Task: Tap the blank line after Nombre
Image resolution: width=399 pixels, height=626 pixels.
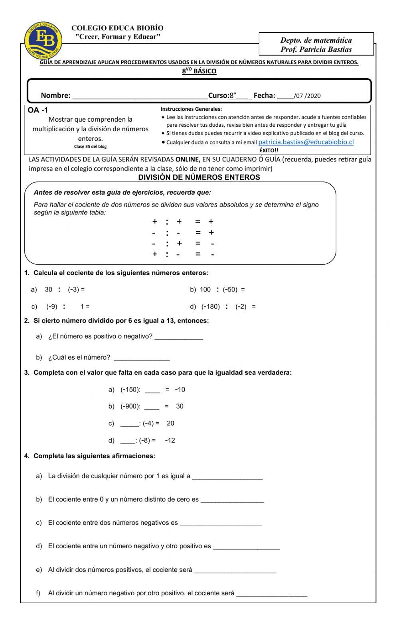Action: [140, 96]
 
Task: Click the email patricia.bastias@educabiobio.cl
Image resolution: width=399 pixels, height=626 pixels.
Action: [306, 142]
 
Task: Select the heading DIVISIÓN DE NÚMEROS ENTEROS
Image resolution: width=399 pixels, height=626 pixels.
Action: [199, 177]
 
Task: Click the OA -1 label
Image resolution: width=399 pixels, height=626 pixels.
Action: [38, 110]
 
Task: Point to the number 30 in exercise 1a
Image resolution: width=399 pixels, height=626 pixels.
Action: [48, 289]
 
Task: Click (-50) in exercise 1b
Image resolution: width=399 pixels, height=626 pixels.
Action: [230, 289]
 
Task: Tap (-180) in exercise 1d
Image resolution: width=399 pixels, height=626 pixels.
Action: [211, 307]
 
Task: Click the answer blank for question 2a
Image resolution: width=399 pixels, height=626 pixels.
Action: [179, 337]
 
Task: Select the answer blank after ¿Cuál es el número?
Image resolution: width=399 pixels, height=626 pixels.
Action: [142, 358]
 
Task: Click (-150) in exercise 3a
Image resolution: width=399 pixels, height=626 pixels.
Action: [130, 390]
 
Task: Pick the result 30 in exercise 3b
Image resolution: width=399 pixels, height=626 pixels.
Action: [180, 406]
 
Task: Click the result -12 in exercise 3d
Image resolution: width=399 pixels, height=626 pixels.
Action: [170, 441]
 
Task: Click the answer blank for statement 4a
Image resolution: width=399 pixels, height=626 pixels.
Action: [227, 476]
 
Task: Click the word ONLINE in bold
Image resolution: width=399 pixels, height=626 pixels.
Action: [188, 159]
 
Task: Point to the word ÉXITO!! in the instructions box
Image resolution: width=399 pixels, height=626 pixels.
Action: [269, 150]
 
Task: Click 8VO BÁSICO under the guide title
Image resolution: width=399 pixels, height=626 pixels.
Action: [199, 71]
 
